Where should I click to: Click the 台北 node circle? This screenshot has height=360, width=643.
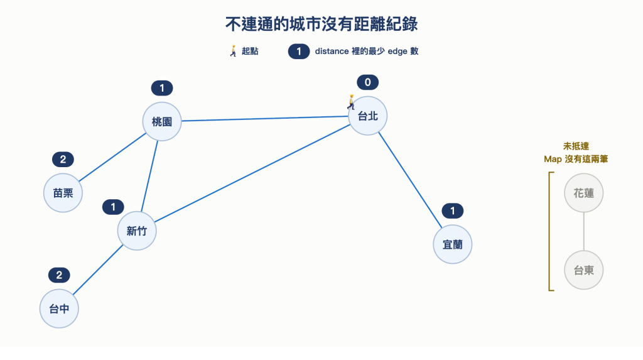point(367,116)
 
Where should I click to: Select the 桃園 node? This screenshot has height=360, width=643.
point(162,121)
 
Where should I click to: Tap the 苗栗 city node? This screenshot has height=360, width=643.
point(63,193)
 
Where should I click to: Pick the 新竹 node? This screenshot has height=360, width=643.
point(137,231)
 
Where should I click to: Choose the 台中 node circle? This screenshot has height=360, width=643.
point(59,308)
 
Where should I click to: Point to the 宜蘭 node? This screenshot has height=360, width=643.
point(453,244)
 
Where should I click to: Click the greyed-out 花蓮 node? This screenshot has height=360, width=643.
point(583,193)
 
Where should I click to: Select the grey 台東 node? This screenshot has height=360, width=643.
point(583,270)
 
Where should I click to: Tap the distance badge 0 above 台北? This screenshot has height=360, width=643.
point(367,82)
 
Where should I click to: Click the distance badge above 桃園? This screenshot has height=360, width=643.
point(162,88)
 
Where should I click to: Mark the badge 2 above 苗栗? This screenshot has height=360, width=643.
point(63,160)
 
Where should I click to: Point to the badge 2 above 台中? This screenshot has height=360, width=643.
point(59,275)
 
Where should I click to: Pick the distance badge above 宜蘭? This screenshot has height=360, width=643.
point(453,211)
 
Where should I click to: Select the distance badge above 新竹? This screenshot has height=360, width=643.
point(113,207)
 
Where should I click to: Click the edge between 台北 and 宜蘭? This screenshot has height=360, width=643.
point(410,180)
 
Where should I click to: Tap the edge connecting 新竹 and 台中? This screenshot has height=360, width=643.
point(98,270)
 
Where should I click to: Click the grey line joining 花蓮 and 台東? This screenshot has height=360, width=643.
point(583,231)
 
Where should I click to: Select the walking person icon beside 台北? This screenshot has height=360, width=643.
point(351,102)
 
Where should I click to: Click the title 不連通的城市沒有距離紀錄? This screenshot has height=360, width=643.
point(321,25)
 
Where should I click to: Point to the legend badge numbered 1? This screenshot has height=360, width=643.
point(299,52)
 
